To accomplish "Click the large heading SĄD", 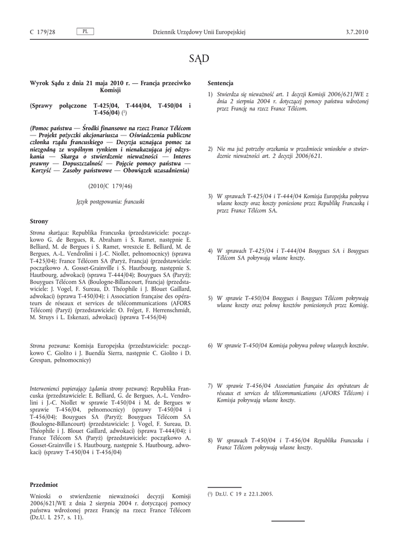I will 199,58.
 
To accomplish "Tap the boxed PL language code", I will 85,32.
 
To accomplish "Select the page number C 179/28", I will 43,33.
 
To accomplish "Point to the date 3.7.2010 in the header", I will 357,33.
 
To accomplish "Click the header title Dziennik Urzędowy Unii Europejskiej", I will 199,33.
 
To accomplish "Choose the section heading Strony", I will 39,221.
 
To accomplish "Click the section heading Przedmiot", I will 44,484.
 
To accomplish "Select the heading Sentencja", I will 221,83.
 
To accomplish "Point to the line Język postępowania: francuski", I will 110,201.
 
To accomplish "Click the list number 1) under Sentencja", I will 210,94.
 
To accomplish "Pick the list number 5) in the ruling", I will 210,298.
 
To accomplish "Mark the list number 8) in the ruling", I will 210,440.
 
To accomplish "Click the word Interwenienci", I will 47,389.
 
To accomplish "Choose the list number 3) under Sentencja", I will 210,196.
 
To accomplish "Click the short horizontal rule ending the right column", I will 288,521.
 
